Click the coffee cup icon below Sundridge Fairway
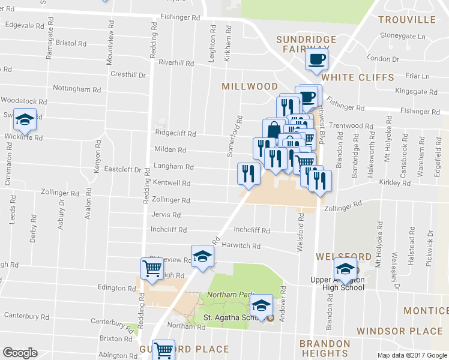(316, 59)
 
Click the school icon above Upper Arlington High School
(345, 268)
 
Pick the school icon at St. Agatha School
(261, 305)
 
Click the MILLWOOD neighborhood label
(250, 86)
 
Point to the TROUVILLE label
(407, 20)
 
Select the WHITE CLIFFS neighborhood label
(358, 77)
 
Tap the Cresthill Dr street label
(128, 74)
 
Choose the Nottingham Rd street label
(77, 89)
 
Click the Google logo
(19, 352)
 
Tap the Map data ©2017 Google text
(411, 355)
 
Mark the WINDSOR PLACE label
(399, 331)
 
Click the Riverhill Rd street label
(176, 63)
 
